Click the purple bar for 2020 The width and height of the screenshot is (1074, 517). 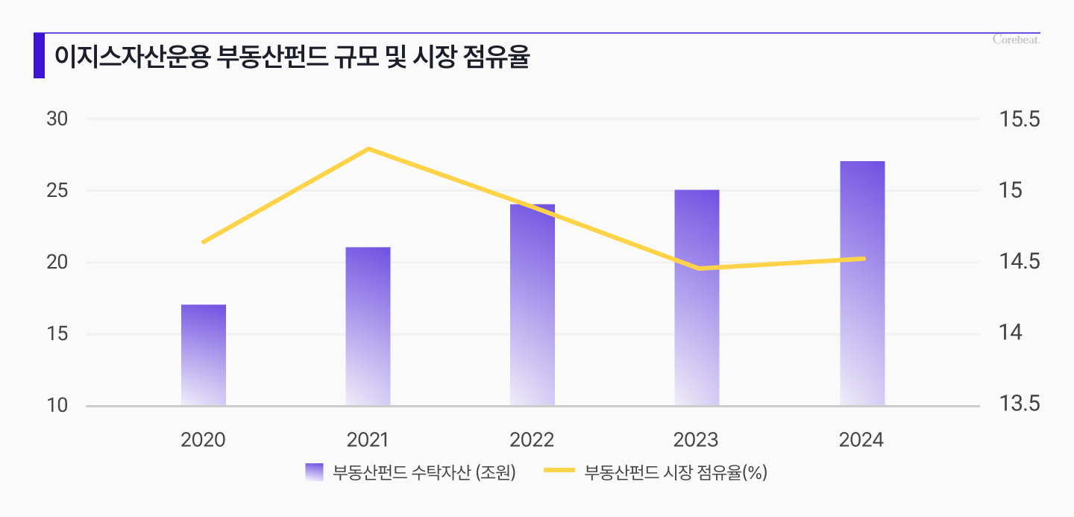coord(204,355)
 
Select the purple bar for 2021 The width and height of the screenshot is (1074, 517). coord(368,327)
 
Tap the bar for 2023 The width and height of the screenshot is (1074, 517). coord(697,298)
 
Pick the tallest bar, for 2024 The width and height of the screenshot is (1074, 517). coord(862,283)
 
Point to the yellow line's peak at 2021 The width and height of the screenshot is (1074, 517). coord(368,149)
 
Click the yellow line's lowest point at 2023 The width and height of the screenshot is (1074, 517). coord(698,269)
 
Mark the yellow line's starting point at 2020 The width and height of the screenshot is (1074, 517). coord(204,242)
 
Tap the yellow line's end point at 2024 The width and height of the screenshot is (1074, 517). coord(863,259)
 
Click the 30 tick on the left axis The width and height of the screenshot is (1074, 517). coord(57,119)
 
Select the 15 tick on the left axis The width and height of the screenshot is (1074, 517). coord(57,334)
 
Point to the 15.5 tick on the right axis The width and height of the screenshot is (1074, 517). coord(1018,119)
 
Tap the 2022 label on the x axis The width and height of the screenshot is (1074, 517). coord(532,439)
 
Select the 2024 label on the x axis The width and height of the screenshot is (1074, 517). coord(861,439)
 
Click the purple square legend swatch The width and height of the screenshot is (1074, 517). coord(314,471)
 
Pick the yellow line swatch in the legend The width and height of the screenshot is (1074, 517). coord(559,471)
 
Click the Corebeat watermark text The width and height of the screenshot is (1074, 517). coord(1016,40)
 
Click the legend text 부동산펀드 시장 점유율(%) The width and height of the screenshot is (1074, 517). coord(676,471)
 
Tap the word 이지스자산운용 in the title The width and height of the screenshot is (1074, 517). coord(131,57)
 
